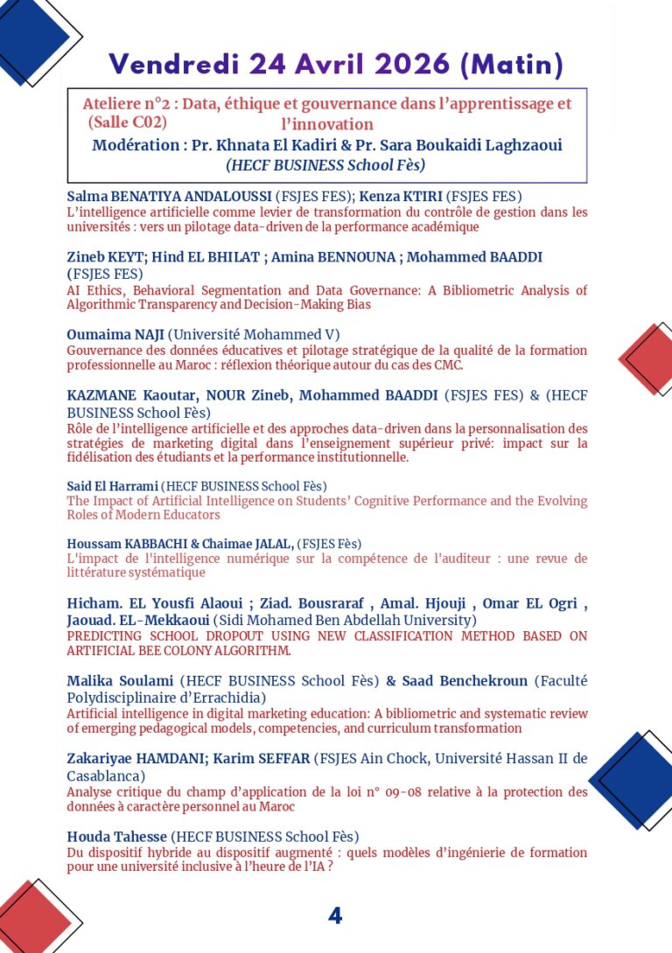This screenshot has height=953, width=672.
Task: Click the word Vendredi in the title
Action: coord(174,64)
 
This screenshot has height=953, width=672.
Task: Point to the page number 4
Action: coord(335,915)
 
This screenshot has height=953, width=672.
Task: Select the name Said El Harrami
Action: coord(113,486)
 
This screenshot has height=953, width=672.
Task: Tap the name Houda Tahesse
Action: coord(117,837)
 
